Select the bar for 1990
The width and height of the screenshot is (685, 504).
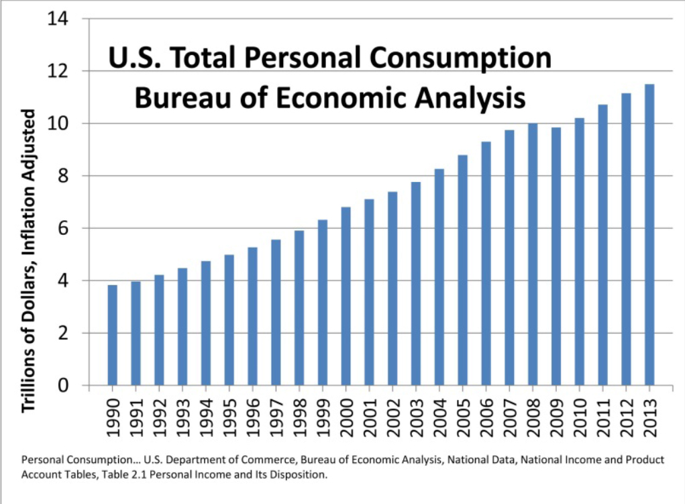pyautogui.click(x=112, y=335)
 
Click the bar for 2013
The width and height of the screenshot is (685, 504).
pyautogui.click(x=649, y=235)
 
